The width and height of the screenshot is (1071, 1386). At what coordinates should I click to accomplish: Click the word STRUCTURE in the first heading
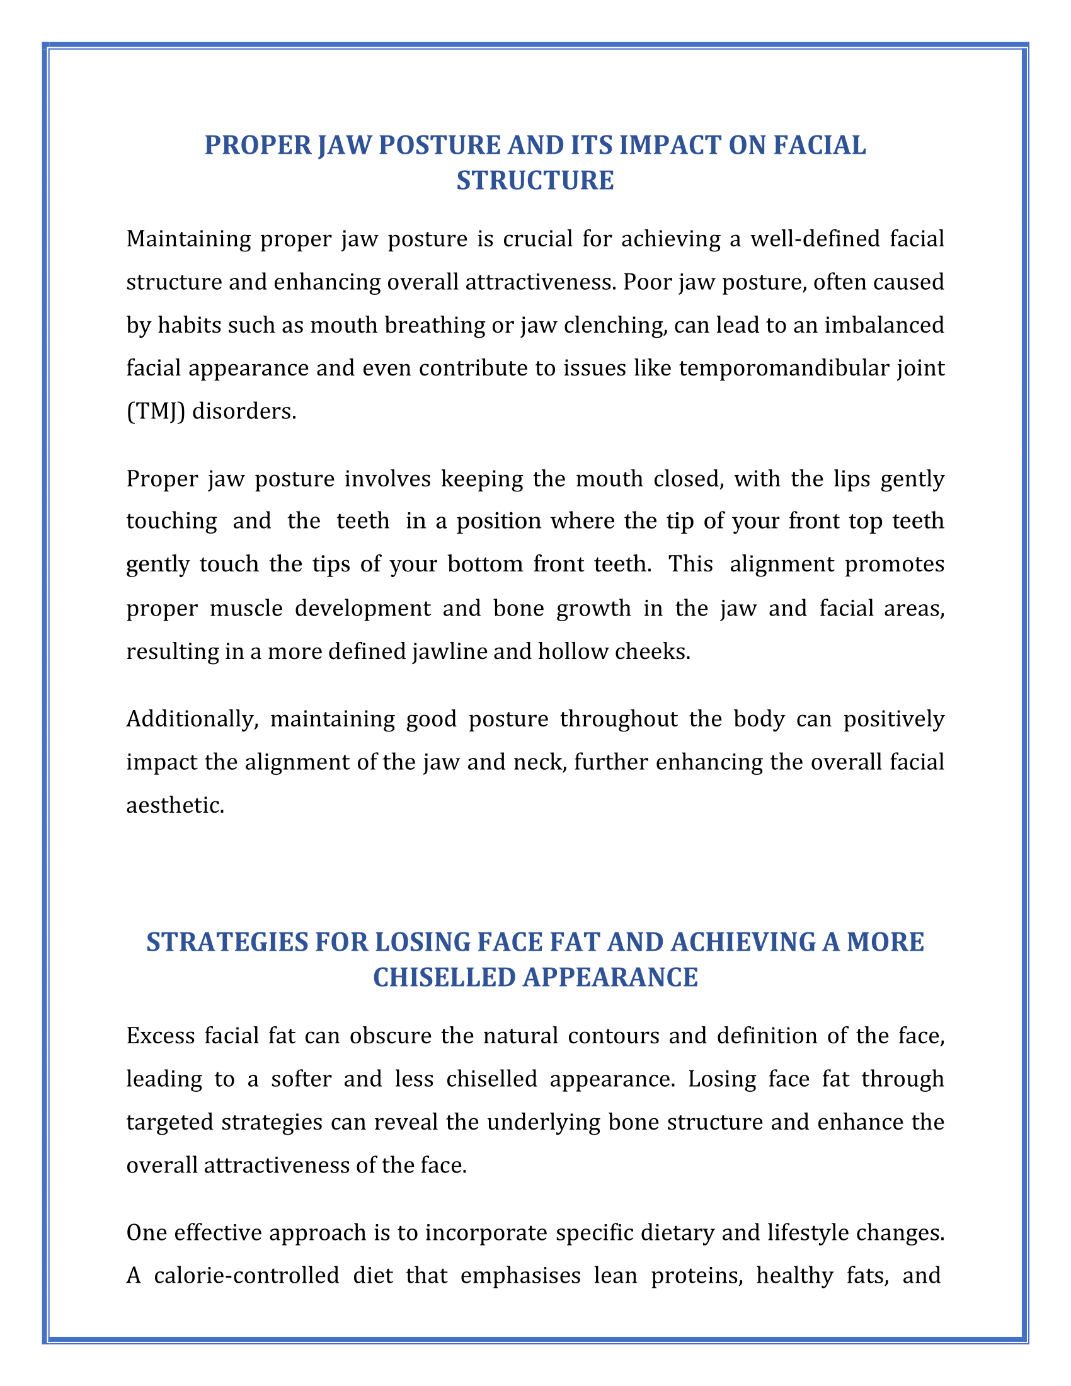[x=535, y=181]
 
